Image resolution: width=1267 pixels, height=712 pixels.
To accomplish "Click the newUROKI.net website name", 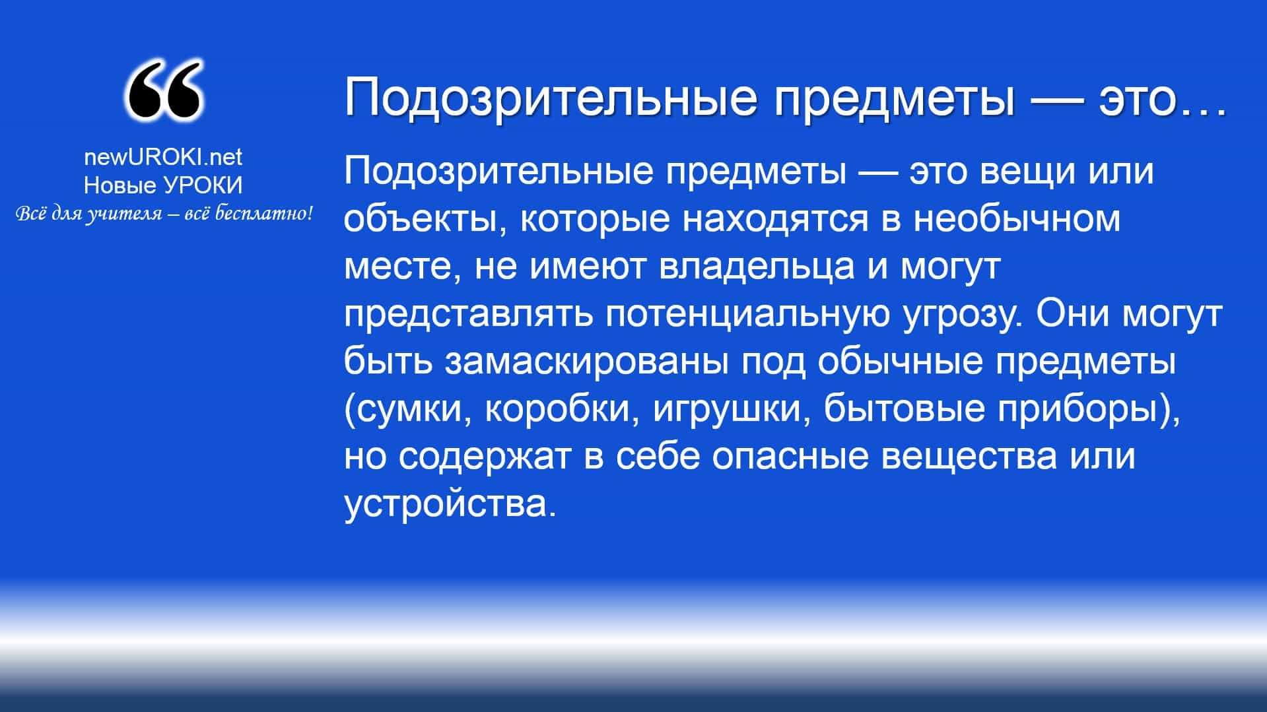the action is pos(163,156).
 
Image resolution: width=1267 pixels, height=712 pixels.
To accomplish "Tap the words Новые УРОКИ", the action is pos(163,185).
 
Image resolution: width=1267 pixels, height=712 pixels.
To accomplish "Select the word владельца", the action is pos(757,267).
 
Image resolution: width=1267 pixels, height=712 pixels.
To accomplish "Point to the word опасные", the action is pos(790,457).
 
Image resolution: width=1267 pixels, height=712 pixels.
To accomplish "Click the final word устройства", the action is pos(446,504).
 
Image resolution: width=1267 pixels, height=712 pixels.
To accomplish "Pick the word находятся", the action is pos(775,219).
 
